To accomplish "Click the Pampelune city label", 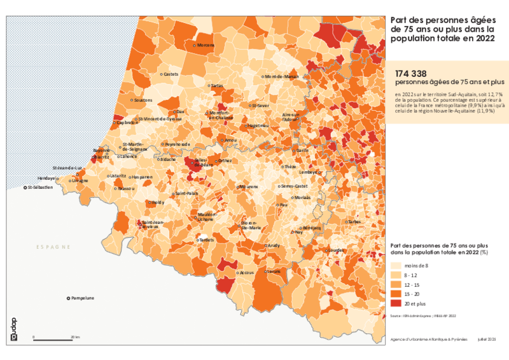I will [83, 298].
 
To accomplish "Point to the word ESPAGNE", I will [53, 247].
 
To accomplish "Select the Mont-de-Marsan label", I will [282, 76].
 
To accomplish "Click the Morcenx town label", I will [206, 45].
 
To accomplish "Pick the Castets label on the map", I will [171, 74].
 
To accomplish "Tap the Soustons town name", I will [144, 100].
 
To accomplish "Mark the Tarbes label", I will [355, 222].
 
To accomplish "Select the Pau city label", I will [284, 205].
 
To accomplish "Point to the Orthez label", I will [225, 161].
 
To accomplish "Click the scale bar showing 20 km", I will [54, 340].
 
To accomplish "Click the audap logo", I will [14, 330].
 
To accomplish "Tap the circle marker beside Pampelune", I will [69, 298].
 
